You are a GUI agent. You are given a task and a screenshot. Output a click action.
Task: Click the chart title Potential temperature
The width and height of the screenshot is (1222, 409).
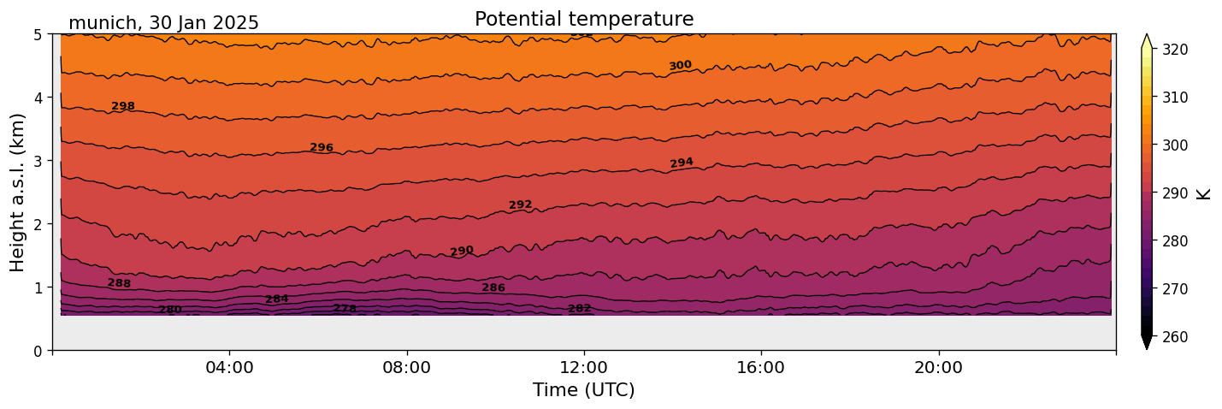[584, 19]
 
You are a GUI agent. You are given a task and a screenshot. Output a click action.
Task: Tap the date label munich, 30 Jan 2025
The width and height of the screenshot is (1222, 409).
[163, 23]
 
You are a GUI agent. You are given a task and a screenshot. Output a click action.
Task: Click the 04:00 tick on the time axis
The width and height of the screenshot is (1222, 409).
[229, 367]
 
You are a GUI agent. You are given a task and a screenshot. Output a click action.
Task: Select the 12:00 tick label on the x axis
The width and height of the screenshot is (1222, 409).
[584, 367]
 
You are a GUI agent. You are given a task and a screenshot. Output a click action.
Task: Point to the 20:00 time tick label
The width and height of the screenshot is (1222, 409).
[938, 367]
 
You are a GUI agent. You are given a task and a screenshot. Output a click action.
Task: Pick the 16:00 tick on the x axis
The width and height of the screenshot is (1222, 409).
[761, 367]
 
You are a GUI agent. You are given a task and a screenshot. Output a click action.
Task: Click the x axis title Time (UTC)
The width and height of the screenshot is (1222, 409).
[584, 390]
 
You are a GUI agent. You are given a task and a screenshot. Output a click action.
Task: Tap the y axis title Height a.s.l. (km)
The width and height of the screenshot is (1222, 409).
[18, 192]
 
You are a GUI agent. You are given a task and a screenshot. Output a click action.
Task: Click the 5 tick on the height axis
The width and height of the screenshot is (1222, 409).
[39, 34]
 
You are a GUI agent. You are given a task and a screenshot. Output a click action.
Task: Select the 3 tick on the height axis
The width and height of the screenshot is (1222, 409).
[39, 161]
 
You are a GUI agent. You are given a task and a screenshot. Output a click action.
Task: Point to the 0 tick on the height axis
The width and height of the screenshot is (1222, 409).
[39, 350]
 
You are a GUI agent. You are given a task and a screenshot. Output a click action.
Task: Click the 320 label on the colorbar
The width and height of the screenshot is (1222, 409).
[1174, 50]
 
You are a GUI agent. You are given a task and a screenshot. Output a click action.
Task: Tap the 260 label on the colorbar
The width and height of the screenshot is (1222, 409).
[1174, 336]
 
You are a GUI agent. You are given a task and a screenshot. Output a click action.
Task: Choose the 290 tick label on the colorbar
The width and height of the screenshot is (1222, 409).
[1174, 193]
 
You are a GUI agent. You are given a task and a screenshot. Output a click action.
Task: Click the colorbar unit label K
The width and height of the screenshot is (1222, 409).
[1204, 193]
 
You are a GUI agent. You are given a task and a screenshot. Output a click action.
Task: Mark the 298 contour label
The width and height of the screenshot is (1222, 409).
[123, 106]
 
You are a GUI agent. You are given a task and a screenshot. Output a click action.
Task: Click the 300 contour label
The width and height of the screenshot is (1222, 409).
[680, 66]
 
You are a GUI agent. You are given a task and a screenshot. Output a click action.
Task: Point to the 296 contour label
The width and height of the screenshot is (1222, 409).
[322, 147]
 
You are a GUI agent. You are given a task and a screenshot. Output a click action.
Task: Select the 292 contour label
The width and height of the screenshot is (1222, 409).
[520, 204]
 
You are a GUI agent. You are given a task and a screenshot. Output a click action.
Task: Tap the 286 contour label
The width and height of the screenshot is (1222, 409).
[493, 287]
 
